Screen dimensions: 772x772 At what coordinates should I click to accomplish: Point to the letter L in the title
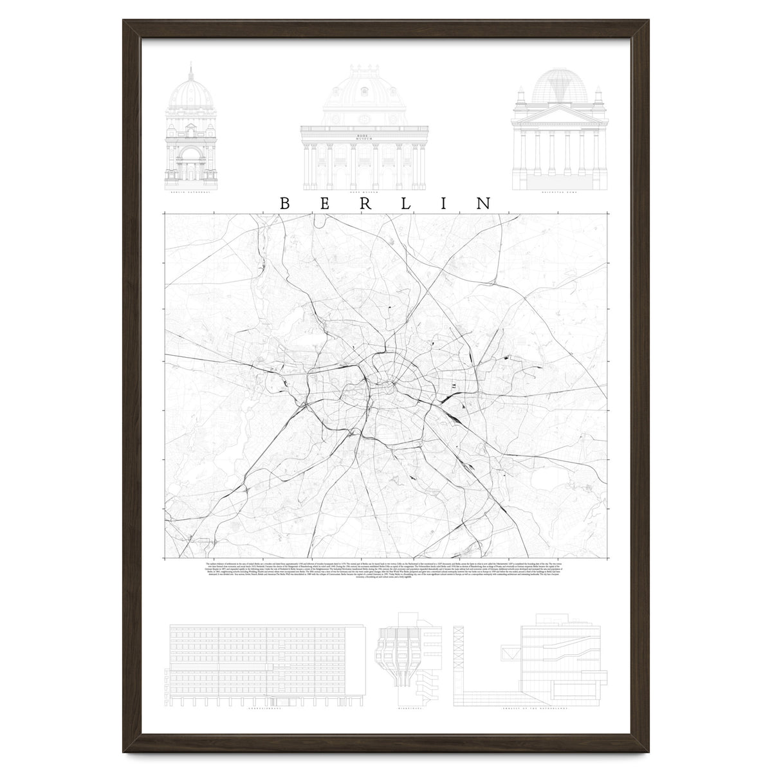(405, 203)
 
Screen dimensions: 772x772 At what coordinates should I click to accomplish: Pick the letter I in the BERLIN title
(445, 203)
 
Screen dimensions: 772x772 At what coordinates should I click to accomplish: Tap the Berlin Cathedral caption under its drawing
(190, 192)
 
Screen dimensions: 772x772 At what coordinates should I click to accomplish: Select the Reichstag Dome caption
(558, 192)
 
